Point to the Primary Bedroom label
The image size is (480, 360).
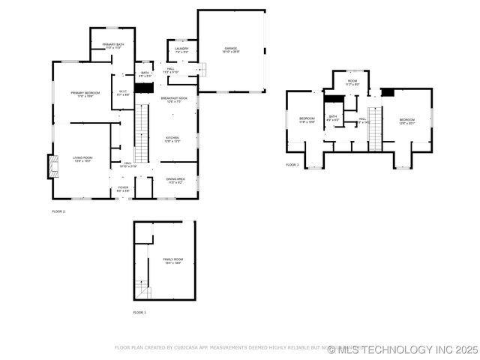(85, 94)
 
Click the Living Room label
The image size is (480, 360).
(82, 158)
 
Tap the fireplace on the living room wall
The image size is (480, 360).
(52, 166)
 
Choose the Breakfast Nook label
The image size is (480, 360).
(172, 100)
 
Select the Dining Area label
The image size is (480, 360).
(175, 180)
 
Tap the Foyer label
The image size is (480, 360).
(123, 188)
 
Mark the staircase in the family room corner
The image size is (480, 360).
(142, 290)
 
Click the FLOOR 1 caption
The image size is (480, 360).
(139, 312)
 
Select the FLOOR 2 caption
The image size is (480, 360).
(58, 212)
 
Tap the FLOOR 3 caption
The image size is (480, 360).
(292, 165)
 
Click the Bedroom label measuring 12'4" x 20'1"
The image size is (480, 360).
(406, 121)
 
